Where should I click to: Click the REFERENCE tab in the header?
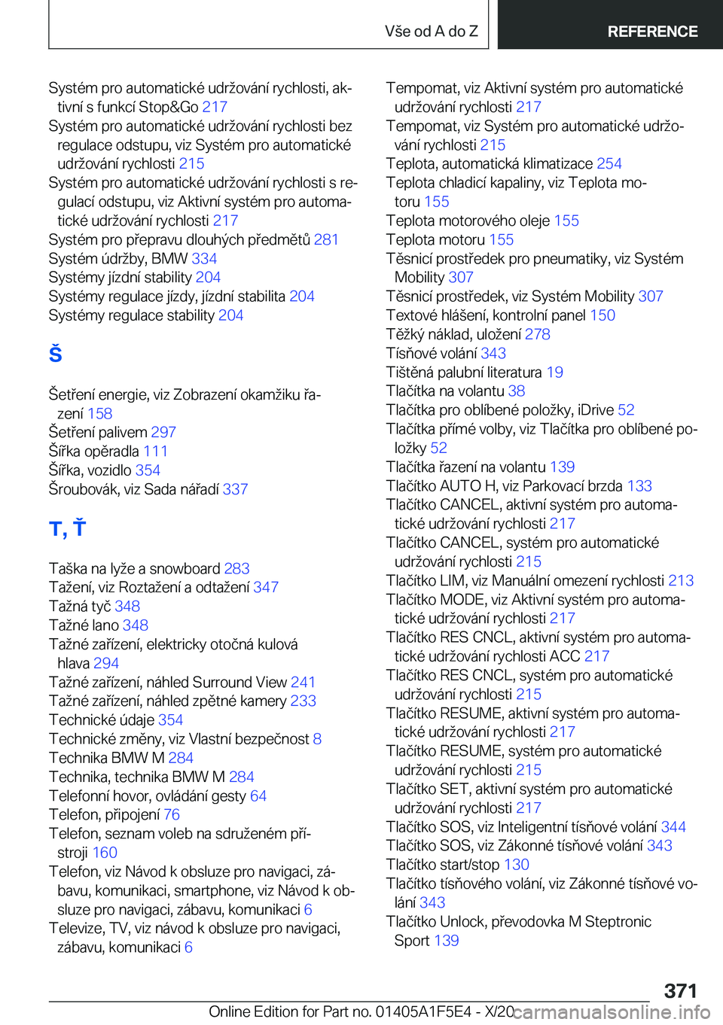(652, 32)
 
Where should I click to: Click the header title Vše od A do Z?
(431, 32)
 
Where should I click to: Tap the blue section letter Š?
(56, 354)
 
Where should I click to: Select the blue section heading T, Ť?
(67, 528)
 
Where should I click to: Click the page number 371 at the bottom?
(680, 990)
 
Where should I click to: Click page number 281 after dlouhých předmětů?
(326, 239)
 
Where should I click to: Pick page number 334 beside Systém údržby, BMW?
(204, 258)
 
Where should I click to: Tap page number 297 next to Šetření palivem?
(163, 432)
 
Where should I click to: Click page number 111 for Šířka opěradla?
(155, 451)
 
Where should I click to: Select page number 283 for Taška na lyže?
(236, 568)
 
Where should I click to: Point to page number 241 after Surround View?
(303, 682)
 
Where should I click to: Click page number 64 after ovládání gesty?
(258, 795)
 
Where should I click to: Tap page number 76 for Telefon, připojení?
(172, 814)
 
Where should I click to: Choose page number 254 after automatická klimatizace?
(609, 163)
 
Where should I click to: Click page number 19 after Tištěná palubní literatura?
(555, 372)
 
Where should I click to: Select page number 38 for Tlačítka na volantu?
(517, 391)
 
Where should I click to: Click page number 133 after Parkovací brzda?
(639, 485)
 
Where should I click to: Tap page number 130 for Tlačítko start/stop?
(517, 864)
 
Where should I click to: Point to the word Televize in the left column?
(75, 928)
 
